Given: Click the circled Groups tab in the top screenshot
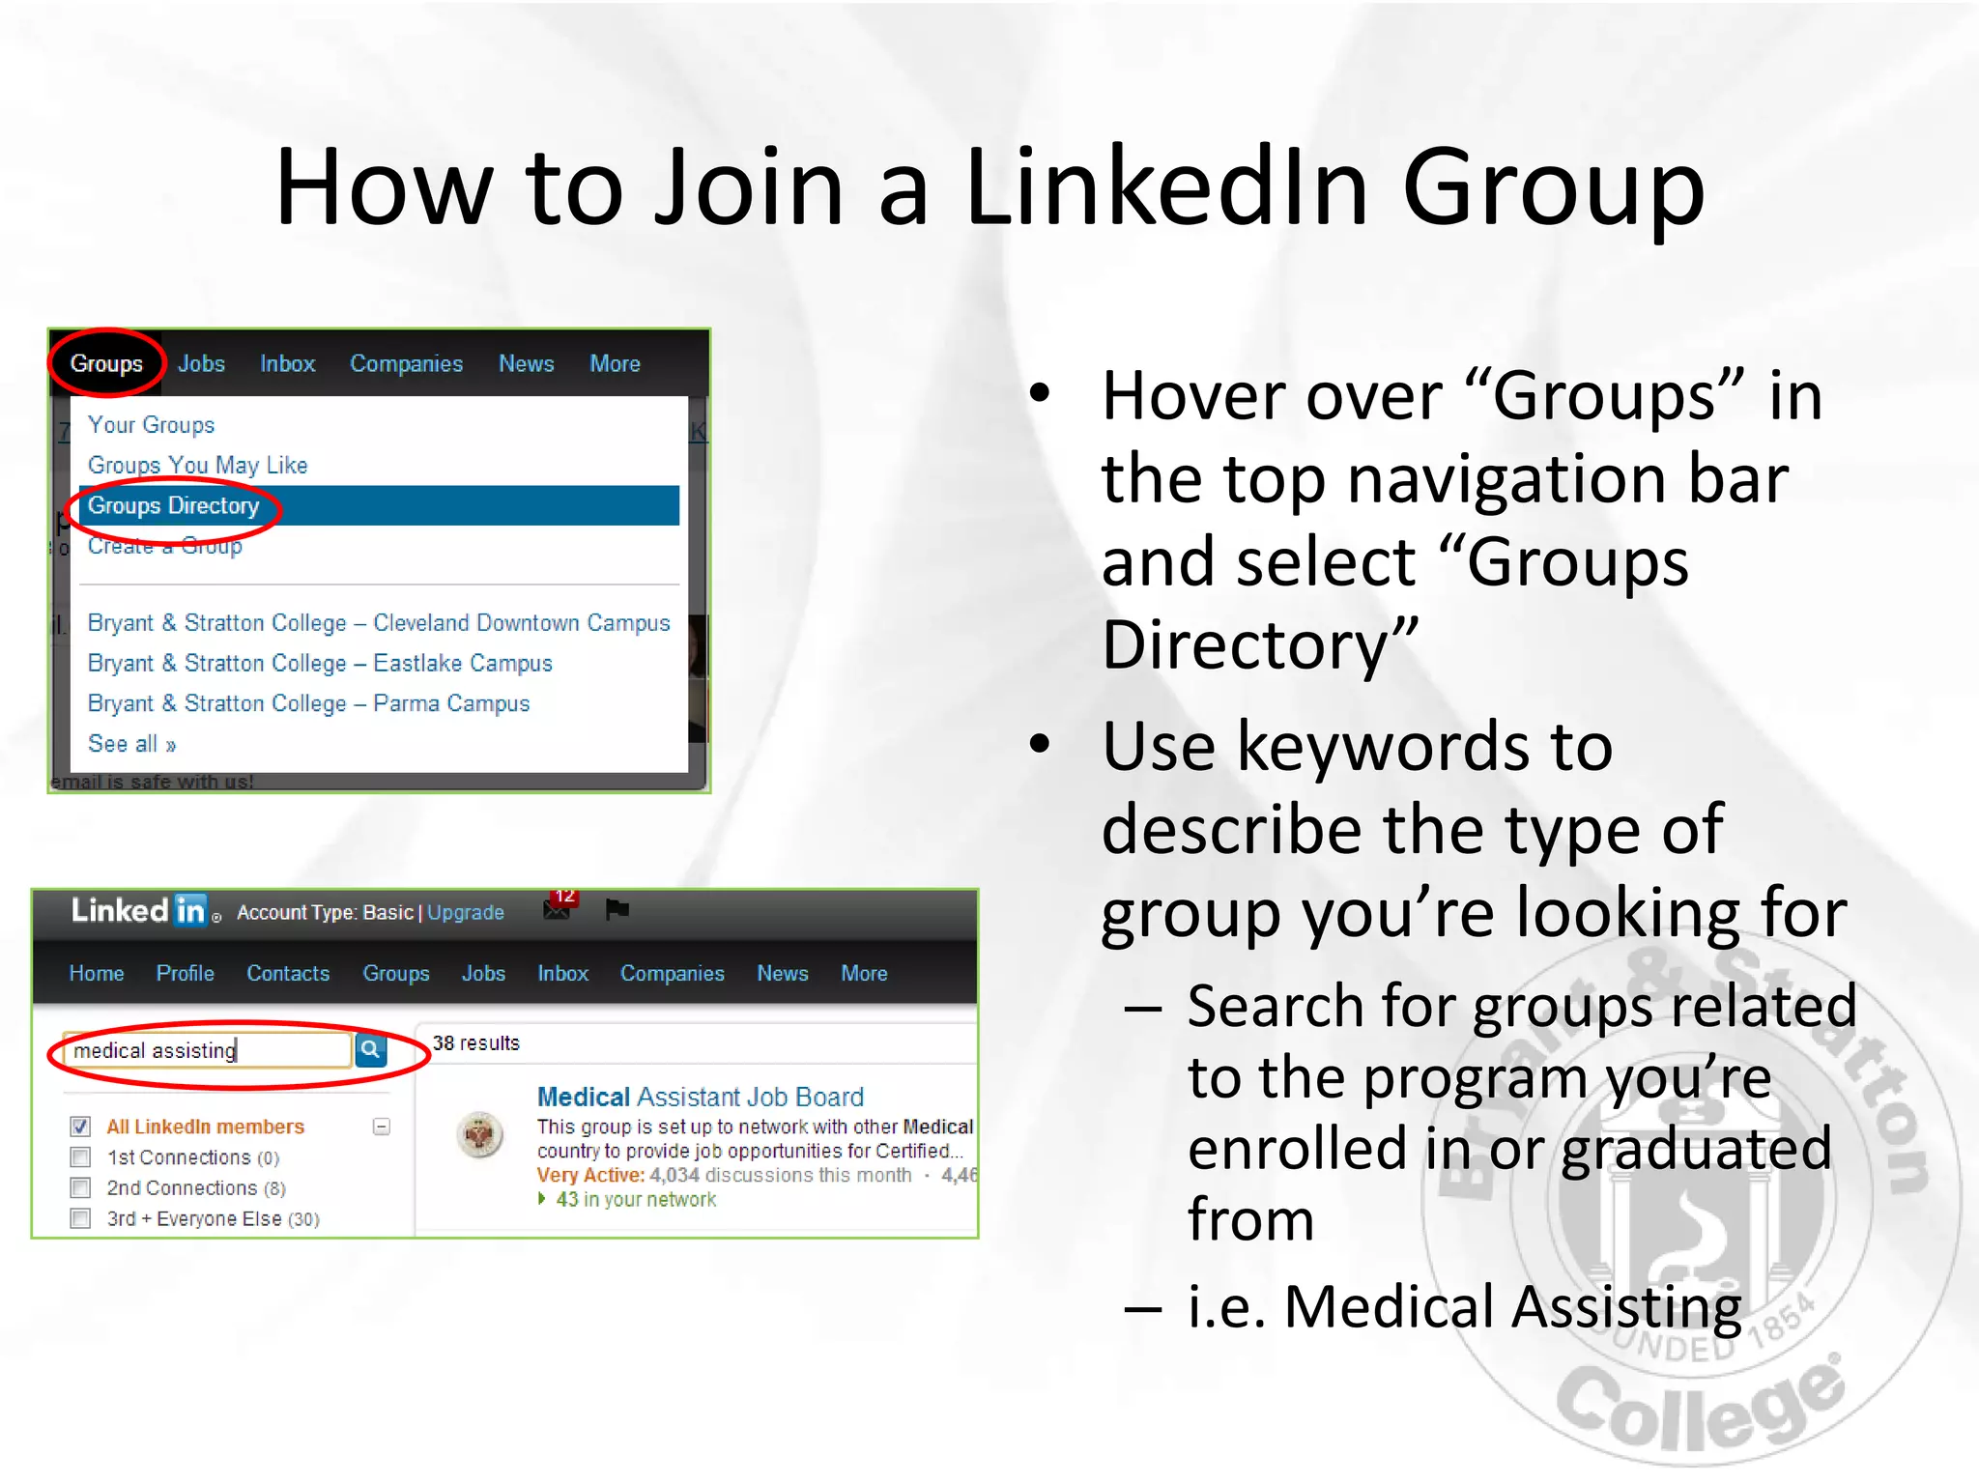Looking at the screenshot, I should [x=106, y=364].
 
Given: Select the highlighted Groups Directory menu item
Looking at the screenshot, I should [x=174, y=505].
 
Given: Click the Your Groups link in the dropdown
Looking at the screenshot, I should [x=151, y=425].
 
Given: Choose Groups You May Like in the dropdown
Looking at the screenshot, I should [x=197, y=466].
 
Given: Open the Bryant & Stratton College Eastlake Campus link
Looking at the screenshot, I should [x=320, y=664].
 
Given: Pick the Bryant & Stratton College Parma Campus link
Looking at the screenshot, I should [x=308, y=704].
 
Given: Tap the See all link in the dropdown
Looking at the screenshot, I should [x=131, y=744].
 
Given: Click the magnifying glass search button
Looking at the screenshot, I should [x=370, y=1049].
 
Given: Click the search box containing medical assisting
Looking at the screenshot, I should [x=203, y=1050].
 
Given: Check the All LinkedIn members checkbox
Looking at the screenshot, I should [x=81, y=1127].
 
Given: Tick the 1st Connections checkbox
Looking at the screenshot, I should [x=81, y=1157].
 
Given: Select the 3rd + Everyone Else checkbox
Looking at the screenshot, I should [x=81, y=1219].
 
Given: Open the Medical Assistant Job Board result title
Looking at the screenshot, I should [x=700, y=1098].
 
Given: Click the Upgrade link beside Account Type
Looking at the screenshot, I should [x=465, y=913].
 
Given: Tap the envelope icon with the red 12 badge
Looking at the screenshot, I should [x=558, y=908].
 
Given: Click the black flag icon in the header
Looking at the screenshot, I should [x=617, y=909].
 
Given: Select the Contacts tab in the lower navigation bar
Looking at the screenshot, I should [x=288, y=974].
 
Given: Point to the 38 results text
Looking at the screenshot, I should [x=475, y=1043].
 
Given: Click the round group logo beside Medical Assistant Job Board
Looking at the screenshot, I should [x=480, y=1135].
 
